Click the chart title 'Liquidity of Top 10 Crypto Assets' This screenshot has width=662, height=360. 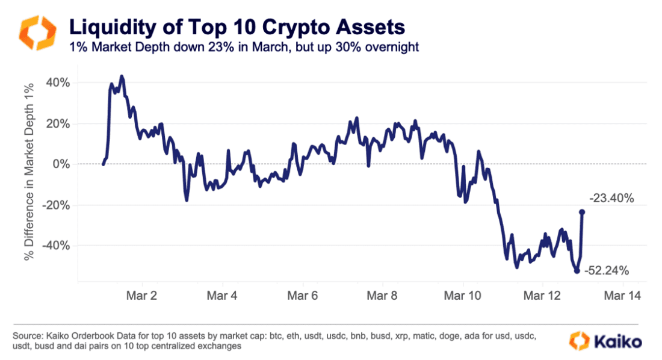click(237, 27)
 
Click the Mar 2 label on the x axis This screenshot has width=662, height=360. click(142, 296)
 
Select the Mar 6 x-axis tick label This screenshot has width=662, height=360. click(303, 296)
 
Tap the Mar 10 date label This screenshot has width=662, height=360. click(463, 296)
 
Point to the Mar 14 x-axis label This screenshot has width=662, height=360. click(622, 296)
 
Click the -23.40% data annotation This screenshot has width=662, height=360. click(611, 197)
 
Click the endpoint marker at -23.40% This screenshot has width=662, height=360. click(582, 212)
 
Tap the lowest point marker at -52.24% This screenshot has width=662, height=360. click(577, 271)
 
